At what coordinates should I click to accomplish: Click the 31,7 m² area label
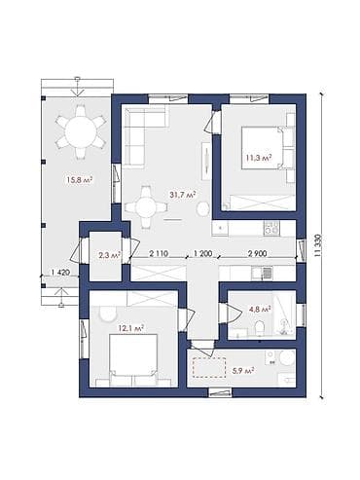[182, 195]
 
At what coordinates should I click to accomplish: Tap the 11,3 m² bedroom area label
[258, 158]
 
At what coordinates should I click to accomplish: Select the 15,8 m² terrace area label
[80, 179]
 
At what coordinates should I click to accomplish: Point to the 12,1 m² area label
[131, 329]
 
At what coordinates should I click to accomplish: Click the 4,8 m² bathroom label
[260, 310]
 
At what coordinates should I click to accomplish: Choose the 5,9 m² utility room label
[242, 370]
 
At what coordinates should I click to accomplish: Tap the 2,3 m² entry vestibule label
[110, 255]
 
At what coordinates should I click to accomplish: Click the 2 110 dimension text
[159, 253]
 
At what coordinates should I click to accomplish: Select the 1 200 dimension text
[202, 253]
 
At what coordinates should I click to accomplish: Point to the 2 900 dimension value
[257, 253]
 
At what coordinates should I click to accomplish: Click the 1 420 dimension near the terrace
[60, 273]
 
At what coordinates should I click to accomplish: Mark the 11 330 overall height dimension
[318, 245]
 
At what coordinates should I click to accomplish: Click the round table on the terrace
[81, 132]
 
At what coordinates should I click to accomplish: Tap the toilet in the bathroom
[260, 327]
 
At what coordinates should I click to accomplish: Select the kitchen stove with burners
[270, 228]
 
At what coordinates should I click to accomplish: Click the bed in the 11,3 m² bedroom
[263, 148]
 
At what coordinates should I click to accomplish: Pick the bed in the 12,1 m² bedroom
[133, 355]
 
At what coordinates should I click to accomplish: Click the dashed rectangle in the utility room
[209, 367]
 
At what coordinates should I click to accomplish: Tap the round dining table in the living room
[146, 206]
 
